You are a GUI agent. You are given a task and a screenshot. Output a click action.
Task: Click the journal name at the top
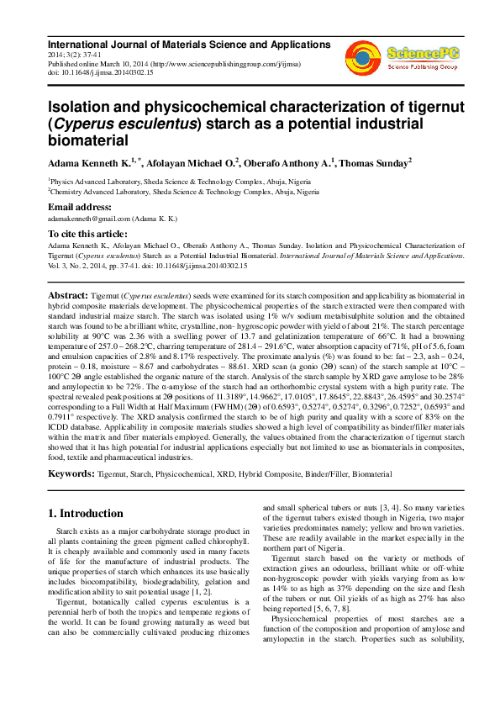click(x=186, y=44)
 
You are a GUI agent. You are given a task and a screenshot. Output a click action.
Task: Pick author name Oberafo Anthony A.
click(x=291, y=162)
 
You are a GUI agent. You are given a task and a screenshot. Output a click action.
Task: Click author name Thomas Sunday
click(x=377, y=162)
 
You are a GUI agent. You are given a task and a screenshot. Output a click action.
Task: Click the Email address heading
click(x=80, y=207)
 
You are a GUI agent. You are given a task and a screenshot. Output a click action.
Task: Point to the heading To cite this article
click(x=88, y=234)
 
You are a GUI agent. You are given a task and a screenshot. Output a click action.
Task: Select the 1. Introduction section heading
click(x=85, y=514)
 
